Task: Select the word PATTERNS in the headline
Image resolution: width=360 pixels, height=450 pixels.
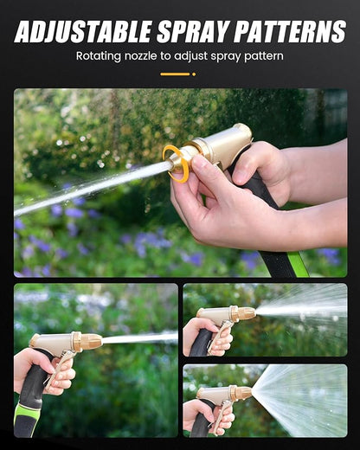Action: (x=290, y=31)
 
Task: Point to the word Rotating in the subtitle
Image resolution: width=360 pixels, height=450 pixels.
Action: (x=100, y=56)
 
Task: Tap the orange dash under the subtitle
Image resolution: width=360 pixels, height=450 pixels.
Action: (x=176, y=74)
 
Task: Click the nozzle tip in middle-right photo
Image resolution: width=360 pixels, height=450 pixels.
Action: (x=246, y=313)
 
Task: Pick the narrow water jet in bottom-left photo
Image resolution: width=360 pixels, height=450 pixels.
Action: (x=138, y=337)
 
